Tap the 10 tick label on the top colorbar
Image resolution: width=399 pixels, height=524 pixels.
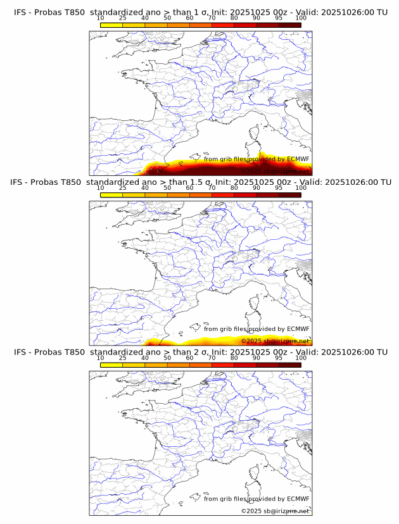101,18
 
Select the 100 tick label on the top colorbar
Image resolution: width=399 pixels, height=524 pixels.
301,18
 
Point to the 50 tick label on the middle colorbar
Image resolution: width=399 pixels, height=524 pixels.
167,188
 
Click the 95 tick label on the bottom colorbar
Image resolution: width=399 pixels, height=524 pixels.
279,358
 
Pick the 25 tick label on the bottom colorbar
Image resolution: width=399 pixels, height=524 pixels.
123,358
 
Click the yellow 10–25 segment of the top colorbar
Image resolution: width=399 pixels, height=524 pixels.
111,24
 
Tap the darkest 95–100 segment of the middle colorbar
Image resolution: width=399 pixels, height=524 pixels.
289,194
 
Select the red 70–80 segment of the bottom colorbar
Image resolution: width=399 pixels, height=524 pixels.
223,365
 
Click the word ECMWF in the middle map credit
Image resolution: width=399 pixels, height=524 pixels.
298,329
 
